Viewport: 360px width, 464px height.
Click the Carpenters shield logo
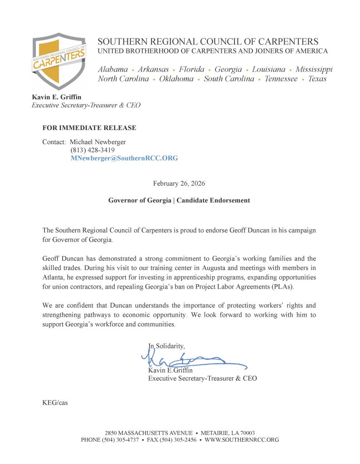coord(58,61)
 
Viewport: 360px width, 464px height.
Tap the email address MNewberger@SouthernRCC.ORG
coord(124,158)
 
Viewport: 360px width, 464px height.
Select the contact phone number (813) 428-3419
coord(92,150)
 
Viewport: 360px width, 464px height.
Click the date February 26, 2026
coord(179,184)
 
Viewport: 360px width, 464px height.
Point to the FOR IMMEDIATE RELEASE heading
coord(89,128)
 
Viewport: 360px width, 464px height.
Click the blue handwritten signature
coord(190,360)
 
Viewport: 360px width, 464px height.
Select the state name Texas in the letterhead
coord(317,79)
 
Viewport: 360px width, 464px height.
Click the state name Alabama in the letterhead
coord(113,69)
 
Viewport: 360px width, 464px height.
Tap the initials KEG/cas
coord(55,402)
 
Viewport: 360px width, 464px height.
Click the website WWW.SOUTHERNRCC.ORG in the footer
coord(242,440)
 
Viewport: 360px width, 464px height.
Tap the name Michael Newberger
coord(98,142)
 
